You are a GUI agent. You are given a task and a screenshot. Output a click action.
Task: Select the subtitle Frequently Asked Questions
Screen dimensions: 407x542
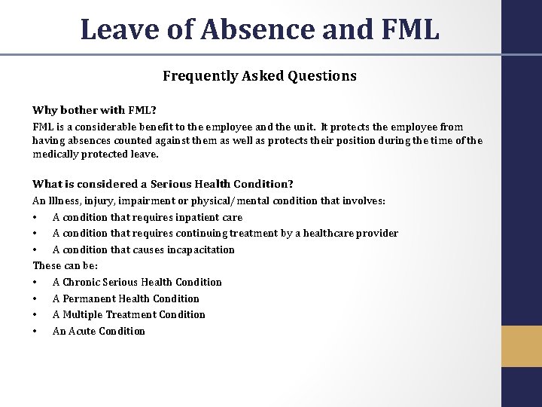[260, 76]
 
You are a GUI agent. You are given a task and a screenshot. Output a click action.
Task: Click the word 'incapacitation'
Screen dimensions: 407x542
[200, 249]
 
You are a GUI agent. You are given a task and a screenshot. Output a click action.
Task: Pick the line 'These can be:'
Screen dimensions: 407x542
[65, 266]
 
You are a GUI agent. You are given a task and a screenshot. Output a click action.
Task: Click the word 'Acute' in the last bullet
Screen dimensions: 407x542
[81, 331]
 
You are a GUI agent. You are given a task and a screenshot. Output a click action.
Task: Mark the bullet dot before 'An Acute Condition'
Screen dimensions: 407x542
[35, 332]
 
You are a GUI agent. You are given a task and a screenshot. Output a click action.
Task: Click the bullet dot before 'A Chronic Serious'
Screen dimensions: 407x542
[35, 283]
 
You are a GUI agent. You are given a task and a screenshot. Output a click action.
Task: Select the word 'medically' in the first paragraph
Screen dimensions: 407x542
[54, 154]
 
